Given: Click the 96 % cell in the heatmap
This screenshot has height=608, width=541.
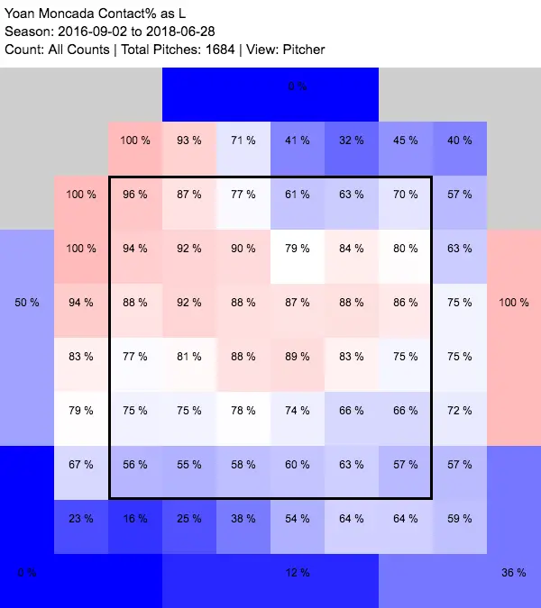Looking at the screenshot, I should point(135,195).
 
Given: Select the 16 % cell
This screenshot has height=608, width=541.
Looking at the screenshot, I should point(135,519).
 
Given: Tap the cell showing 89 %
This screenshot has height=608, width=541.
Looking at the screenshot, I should point(298,357).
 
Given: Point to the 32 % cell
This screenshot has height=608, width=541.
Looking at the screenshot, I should point(352,141).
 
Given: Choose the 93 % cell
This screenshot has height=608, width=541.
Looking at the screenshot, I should point(189,141).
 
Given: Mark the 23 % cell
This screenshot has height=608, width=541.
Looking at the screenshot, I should point(81,519).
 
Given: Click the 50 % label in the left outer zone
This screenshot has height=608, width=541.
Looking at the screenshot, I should point(27,303).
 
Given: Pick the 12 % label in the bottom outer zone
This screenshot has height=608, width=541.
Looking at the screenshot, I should point(298,573).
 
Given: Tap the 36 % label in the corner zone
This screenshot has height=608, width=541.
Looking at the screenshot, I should point(514,573).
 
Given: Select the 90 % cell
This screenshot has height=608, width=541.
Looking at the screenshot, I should point(243,249).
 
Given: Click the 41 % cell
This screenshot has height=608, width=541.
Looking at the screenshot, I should point(298,141).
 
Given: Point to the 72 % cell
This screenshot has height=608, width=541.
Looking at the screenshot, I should point(460,411).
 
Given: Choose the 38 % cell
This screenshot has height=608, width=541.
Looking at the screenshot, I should point(243,519).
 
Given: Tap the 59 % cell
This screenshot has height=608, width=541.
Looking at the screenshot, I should point(460,519).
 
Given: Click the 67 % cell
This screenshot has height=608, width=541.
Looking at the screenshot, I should point(81,465).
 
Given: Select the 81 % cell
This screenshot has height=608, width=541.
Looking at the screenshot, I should point(189,357).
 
